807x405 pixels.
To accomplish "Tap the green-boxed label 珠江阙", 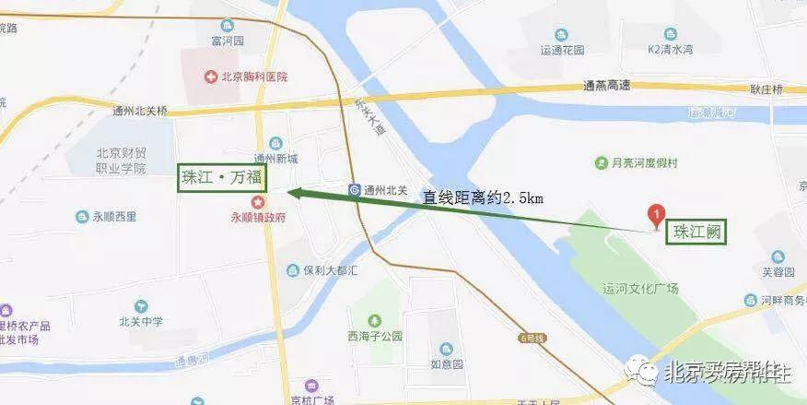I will tap(696, 231).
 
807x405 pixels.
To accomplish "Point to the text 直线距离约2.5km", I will tap(483, 197).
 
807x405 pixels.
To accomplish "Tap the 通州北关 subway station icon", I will tap(355, 190).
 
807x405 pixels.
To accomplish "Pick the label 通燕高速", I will tap(606, 86).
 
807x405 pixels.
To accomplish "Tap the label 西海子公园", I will tap(375, 337).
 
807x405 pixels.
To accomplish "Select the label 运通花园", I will tap(561, 51).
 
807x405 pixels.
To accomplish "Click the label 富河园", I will tap(225, 41).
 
